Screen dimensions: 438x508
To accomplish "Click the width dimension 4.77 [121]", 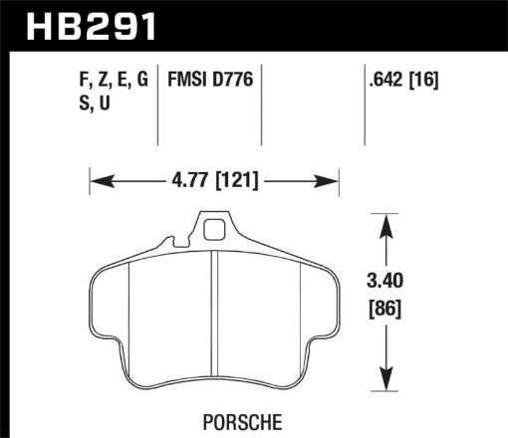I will click(x=215, y=181).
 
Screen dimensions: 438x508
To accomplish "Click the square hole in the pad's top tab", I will click(x=214, y=231).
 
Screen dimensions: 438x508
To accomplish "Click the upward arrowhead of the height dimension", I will click(x=385, y=221).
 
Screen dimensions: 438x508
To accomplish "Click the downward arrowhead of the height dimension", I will click(x=385, y=385).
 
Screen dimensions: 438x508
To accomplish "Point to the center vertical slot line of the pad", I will click(x=215, y=319).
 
